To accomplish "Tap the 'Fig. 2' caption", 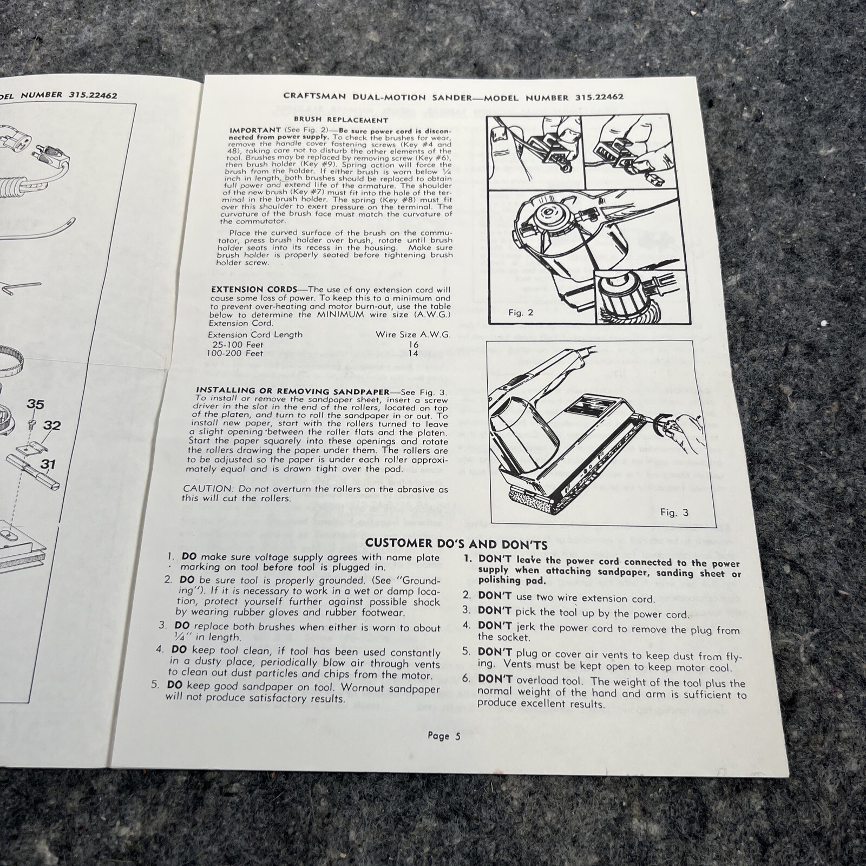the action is click(521, 312).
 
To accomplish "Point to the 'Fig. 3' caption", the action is click(674, 512).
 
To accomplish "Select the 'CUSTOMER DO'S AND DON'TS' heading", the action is click(457, 543).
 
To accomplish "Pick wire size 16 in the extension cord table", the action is click(414, 344).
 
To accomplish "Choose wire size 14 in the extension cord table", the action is click(414, 353).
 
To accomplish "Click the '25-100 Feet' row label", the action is click(238, 344).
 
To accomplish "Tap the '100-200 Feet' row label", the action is click(235, 353).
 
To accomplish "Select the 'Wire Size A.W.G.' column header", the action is click(412, 334).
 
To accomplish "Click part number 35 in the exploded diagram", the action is click(35, 405).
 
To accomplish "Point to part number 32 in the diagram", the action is click(51, 425).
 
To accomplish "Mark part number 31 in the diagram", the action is click(49, 464).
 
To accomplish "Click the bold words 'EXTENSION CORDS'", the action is click(254, 290).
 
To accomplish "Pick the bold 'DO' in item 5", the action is click(174, 685).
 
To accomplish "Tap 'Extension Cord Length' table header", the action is click(255, 334).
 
